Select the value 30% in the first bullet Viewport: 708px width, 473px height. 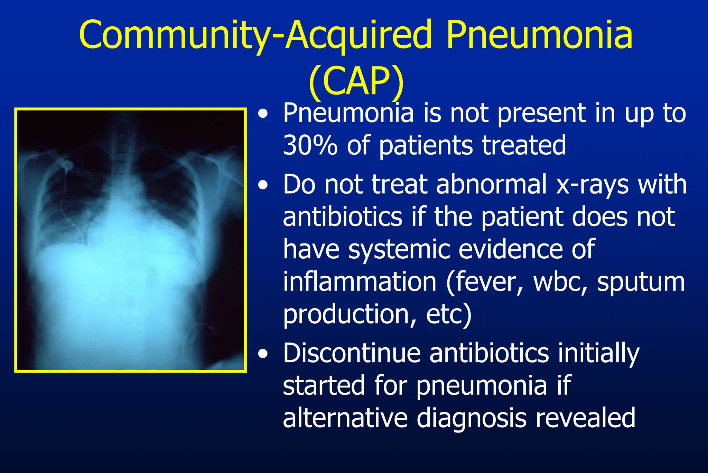point(310,145)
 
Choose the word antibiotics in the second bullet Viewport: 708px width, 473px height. point(342,217)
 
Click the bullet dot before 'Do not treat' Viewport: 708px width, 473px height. point(263,186)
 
